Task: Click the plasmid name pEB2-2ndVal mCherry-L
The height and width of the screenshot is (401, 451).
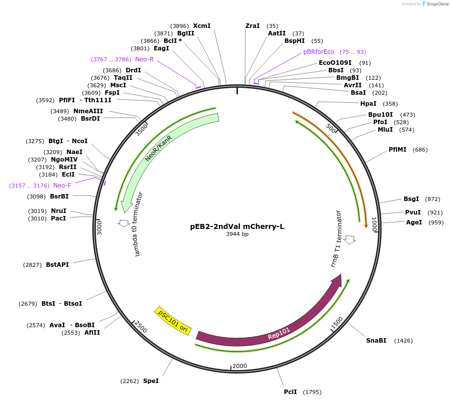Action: coord(237,226)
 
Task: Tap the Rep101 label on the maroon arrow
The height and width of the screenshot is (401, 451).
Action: coord(278,333)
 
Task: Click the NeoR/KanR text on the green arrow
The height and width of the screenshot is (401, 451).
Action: coord(159,148)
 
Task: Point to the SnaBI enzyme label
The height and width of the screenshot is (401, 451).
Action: coord(376,341)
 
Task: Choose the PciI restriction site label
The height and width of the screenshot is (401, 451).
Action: coord(290,392)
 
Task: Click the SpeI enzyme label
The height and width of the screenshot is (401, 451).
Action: coord(151,381)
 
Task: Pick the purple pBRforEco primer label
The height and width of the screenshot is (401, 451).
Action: coord(318,52)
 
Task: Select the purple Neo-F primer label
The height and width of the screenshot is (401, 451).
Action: coord(62,186)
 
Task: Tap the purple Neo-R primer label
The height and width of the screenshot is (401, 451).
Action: coord(144,59)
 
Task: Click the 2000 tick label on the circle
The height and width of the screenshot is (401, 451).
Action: coord(239,366)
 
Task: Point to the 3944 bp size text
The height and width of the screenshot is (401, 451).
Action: coord(237,234)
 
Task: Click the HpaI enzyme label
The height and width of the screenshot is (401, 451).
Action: coord(368,104)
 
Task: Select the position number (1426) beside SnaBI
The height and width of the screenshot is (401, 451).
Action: coord(403,341)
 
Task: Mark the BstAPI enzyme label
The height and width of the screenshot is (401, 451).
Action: coord(57,265)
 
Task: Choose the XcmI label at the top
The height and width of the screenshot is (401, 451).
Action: coord(202,26)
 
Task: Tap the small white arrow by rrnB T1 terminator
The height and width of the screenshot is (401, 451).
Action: coord(350,239)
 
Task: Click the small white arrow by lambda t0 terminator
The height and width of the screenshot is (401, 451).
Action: coord(123,223)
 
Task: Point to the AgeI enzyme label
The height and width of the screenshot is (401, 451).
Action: coord(414,222)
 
